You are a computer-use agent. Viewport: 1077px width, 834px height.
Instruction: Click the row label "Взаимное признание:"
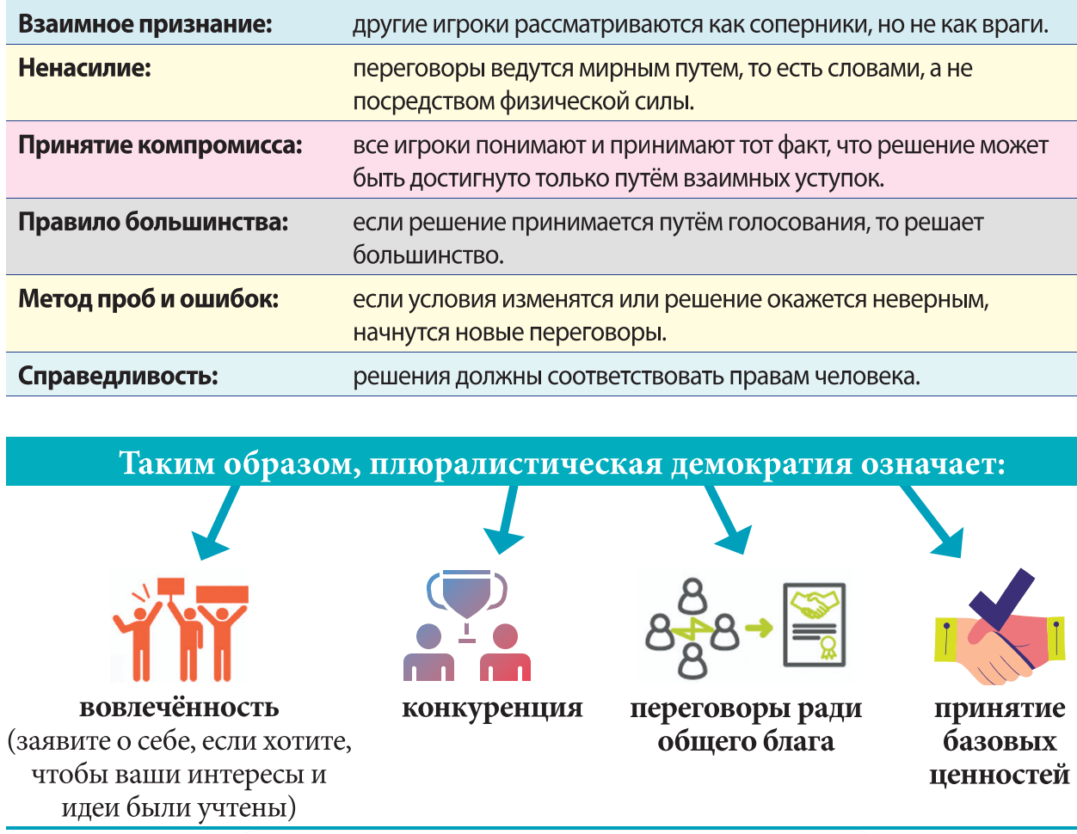point(145,24)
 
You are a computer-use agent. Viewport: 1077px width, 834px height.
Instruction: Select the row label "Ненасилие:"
point(84,68)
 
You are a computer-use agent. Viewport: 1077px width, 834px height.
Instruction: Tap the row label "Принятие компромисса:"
point(160,144)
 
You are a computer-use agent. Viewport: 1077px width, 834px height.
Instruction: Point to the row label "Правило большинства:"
point(153,222)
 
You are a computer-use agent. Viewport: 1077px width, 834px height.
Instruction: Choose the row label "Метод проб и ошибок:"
point(148,299)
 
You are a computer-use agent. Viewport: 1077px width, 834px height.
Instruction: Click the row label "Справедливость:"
point(118,377)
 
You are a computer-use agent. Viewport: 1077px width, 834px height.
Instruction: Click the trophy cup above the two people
point(467,592)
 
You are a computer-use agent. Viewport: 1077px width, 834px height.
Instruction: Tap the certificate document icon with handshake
point(813,625)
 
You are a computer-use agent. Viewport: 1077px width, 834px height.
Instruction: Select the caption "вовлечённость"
point(179,708)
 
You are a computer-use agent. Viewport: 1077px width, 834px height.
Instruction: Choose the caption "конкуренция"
point(492,708)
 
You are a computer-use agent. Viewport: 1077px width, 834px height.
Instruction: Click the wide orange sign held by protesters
point(222,594)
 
